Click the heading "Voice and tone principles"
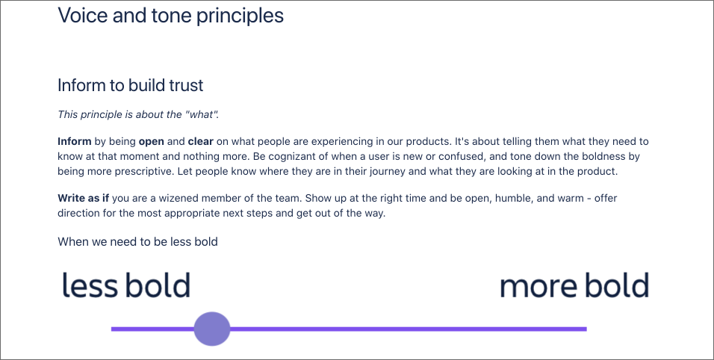(x=171, y=16)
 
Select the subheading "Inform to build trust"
(x=130, y=85)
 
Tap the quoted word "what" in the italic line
(x=201, y=114)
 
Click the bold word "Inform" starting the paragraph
(x=75, y=142)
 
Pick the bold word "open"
(x=151, y=142)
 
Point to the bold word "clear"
(x=201, y=142)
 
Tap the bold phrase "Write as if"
(x=84, y=198)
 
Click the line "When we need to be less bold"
(x=137, y=242)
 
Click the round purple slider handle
(x=212, y=329)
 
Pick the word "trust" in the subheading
(x=186, y=85)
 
